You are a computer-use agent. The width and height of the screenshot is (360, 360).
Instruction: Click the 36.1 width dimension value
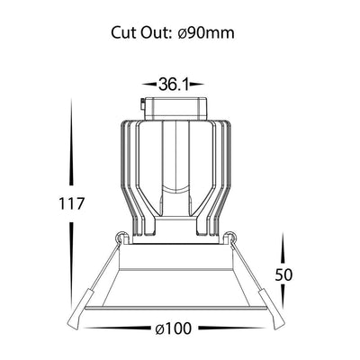[174, 84]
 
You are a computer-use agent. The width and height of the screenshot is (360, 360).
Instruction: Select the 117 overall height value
[71, 203]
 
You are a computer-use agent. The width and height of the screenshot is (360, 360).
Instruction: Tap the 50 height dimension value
[283, 274]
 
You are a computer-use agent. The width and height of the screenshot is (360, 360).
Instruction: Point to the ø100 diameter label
[173, 328]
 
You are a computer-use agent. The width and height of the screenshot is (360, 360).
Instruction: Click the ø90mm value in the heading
[206, 32]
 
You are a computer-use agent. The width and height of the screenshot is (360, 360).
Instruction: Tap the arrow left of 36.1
[149, 85]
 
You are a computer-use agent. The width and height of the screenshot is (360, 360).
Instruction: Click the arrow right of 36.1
[197, 85]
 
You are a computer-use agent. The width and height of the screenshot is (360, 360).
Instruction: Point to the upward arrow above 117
[71, 141]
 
